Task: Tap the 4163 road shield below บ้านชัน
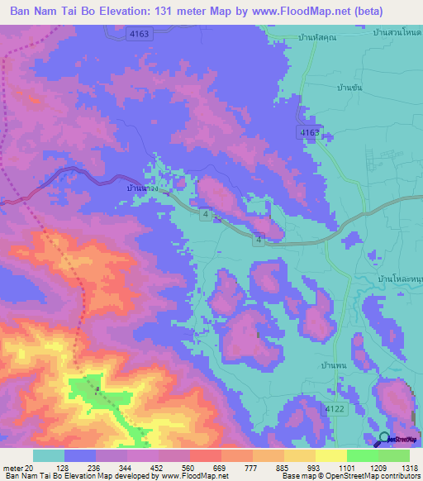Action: tap(309, 132)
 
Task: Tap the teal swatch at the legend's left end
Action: tap(48, 455)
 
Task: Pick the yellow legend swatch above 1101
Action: tap(330, 455)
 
